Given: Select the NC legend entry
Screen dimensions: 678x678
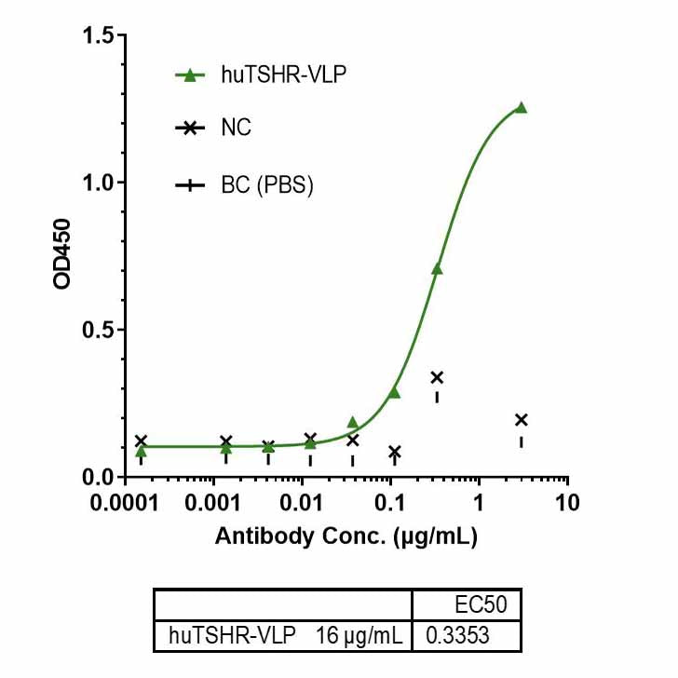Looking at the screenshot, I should point(236,129).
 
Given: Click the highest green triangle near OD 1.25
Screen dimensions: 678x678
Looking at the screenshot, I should point(521,107).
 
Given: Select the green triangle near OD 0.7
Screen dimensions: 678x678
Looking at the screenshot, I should point(437,269).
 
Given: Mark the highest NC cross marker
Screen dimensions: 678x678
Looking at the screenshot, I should point(437,377).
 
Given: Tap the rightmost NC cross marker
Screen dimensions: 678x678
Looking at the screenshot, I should point(521,420).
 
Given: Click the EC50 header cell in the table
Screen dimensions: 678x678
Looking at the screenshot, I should point(481,605).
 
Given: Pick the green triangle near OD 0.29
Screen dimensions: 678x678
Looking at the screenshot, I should point(394,392).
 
